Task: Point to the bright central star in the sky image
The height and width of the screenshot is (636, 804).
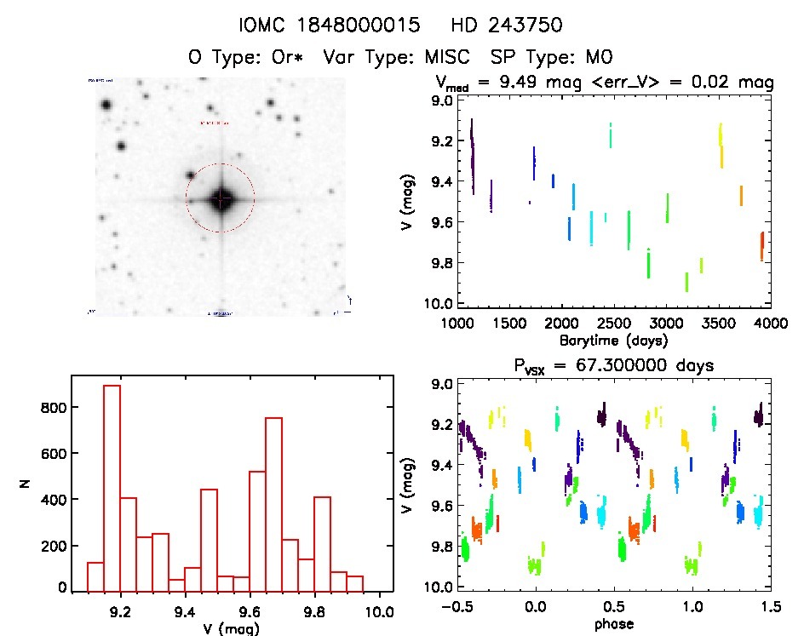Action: coord(221,199)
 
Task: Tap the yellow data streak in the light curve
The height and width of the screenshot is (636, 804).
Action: coord(721,146)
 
